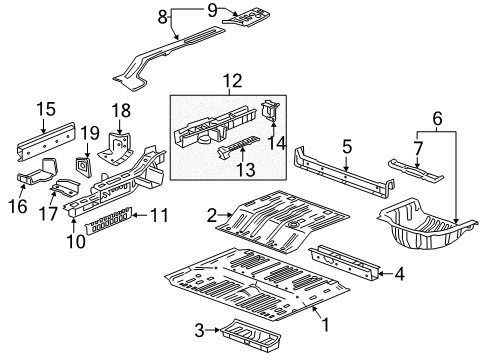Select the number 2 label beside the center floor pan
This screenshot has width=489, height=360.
coord(211,213)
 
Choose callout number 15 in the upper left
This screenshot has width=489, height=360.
coord(43,109)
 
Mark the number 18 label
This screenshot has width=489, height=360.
coord(123,110)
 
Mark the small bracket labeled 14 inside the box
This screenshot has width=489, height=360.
coord(267,112)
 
